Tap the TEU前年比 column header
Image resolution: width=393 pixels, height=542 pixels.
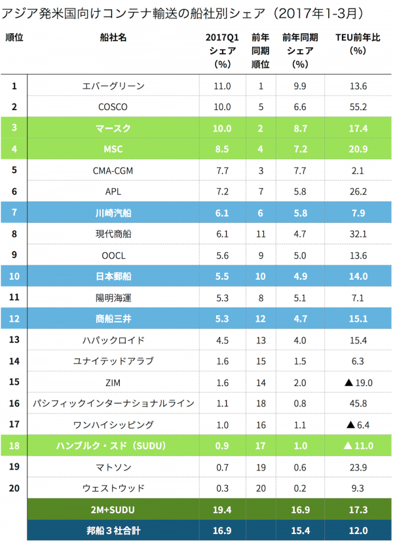[358, 44]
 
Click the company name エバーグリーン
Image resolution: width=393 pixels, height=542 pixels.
[113, 86]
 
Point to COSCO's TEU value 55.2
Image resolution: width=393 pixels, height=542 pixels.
[359, 107]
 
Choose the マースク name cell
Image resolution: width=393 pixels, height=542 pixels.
[113, 128]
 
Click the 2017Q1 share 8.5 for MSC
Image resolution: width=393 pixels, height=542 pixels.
[222, 149]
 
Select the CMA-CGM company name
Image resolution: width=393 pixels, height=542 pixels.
[113, 170]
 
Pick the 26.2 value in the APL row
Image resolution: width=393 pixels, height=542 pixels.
[359, 191]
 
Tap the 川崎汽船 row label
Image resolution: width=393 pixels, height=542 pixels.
[113, 212]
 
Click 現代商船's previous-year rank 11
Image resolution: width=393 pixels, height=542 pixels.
[261, 234]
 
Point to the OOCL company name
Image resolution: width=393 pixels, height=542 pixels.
[113, 255]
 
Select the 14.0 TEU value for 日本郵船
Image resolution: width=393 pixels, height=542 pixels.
[359, 277]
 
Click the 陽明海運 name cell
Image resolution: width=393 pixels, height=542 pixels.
[113, 298]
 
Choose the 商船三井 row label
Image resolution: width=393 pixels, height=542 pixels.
[113, 319]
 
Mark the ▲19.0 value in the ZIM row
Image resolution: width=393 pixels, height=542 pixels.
[359, 382]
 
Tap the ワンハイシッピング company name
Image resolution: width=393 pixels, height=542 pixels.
[113, 425]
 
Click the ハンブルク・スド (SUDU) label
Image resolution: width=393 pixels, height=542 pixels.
[113, 446]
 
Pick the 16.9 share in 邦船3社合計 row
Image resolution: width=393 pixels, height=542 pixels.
[222, 530]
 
